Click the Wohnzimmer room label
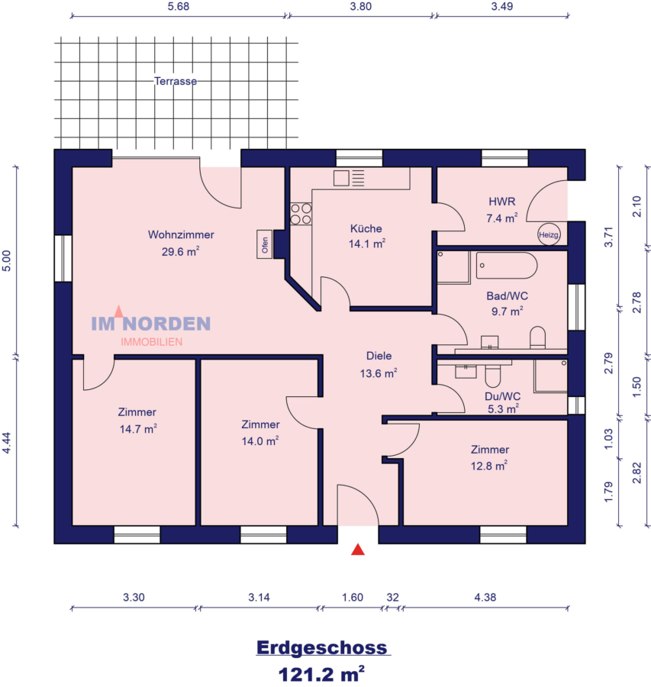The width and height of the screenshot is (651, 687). (x=181, y=235)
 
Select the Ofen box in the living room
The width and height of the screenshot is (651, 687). (x=265, y=244)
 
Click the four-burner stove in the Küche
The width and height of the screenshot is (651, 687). (x=301, y=213)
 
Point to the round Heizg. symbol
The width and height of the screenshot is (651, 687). (x=549, y=235)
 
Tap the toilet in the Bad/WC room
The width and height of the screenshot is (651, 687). (x=538, y=337)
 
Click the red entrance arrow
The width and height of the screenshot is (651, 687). (x=357, y=549)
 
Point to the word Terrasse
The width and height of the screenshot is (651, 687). (x=176, y=81)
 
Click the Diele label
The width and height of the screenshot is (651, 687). (x=379, y=356)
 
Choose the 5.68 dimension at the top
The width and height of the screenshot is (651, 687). (x=178, y=6)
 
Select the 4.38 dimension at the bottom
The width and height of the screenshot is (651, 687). (x=485, y=598)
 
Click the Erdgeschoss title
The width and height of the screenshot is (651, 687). (x=322, y=648)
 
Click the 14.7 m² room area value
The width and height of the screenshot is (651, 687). (x=137, y=429)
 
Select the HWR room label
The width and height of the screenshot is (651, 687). (x=502, y=202)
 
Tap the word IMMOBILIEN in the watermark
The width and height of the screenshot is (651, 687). (x=151, y=342)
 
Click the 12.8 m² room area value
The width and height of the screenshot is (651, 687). (x=489, y=466)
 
